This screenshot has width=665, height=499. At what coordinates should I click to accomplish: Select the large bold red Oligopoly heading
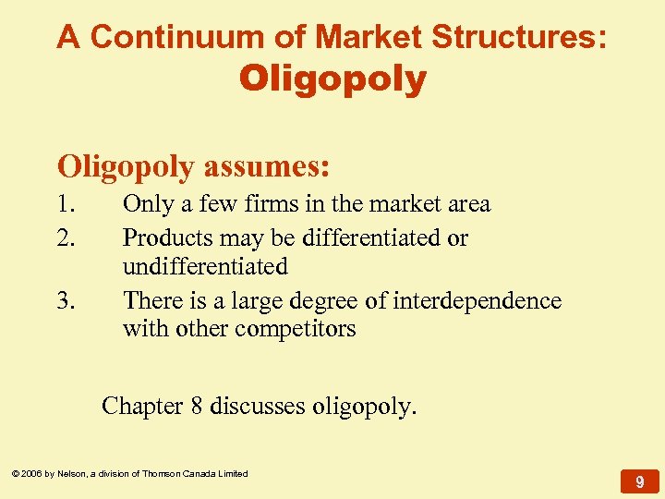332,79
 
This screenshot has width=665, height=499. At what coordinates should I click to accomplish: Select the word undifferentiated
205,267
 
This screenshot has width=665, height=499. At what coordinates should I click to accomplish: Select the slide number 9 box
639,481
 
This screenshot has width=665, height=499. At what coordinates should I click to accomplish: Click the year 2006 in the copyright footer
33,474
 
